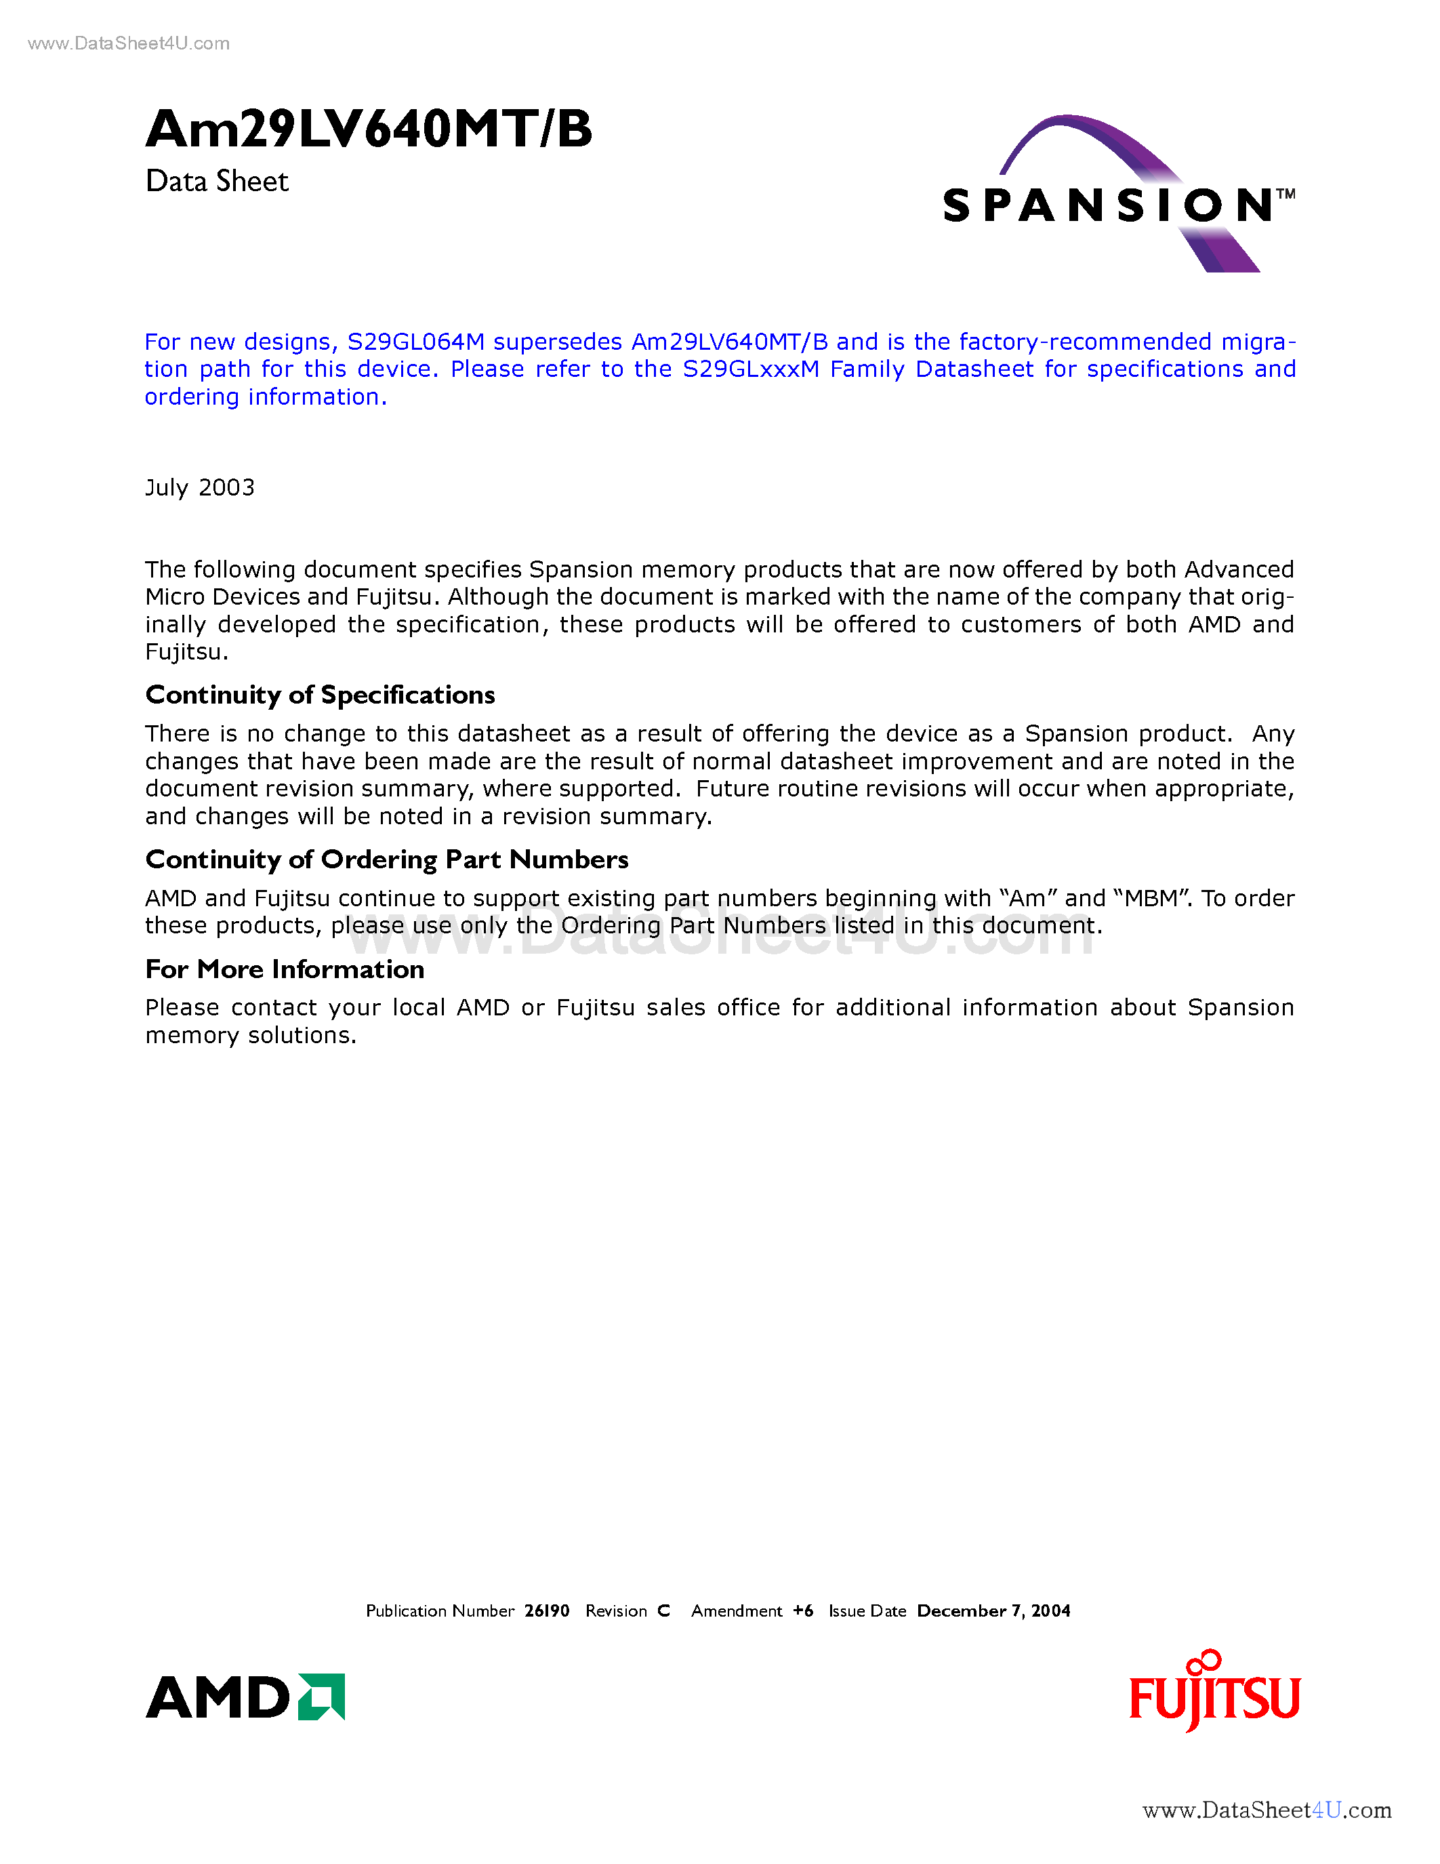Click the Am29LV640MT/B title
tap(369, 129)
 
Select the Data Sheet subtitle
tap(217, 182)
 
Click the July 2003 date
tap(200, 487)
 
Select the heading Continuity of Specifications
tap(320, 695)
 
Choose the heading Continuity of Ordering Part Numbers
tap(386, 859)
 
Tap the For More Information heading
tap(284, 969)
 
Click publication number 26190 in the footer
tap(547, 1610)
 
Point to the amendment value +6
tap(803, 1610)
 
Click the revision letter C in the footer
tap(663, 1610)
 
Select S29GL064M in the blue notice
tap(415, 342)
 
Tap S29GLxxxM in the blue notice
tap(751, 369)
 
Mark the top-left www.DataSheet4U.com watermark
tap(129, 43)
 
